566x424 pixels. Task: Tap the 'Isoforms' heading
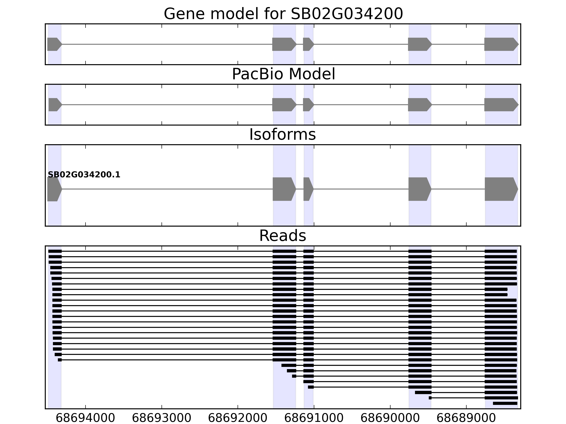coord(282,135)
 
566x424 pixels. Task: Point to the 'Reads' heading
coord(282,236)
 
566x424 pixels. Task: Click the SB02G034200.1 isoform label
coord(84,175)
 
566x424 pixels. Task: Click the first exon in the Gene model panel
coord(54,44)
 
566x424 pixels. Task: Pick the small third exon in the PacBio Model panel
coord(308,105)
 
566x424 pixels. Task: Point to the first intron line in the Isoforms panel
coord(166,189)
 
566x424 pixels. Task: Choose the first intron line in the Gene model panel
coord(166,44)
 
